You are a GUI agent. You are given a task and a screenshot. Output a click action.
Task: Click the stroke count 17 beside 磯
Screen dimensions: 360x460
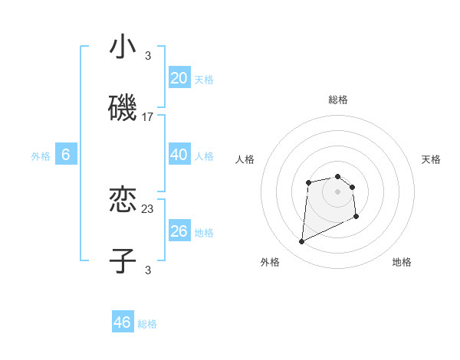tap(148, 117)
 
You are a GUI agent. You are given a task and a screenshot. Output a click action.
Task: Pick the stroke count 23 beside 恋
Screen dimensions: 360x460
tap(148, 208)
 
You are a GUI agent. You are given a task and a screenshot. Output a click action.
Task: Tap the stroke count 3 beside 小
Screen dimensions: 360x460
tap(148, 55)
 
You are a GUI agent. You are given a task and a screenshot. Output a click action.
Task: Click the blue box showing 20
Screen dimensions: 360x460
tap(179, 78)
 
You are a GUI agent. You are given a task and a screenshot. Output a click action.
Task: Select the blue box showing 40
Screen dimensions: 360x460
tap(179, 155)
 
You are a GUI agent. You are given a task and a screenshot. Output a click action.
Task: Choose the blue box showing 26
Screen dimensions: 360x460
tap(179, 231)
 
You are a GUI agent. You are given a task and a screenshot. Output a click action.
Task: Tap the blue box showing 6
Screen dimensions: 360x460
tap(66, 155)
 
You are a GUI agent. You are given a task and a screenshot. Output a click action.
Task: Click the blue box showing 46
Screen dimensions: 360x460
tap(123, 322)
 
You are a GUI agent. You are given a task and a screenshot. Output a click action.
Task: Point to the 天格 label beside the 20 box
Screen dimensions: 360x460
tap(204, 80)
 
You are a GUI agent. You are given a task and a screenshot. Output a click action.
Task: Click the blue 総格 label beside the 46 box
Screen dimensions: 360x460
tap(147, 324)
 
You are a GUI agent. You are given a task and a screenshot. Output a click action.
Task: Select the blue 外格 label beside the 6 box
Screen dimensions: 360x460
tap(41, 156)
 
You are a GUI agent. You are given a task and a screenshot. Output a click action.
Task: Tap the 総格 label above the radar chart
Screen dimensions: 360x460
tap(338, 100)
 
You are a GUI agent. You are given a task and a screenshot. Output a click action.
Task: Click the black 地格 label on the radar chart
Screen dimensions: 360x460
tap(402, 262)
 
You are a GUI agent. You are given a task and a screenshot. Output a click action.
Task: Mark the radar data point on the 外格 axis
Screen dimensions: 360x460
tap(301, 242)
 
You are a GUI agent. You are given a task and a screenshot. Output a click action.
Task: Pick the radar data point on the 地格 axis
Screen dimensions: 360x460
tap(356, 217)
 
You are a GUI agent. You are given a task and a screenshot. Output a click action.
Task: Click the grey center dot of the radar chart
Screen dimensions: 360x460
tap(338, 191)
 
